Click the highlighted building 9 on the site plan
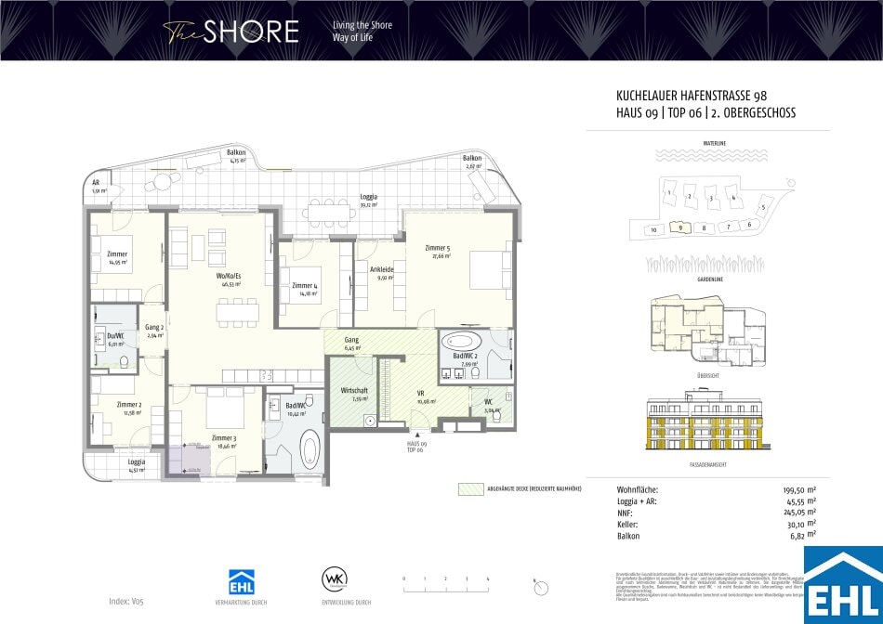[681, 227]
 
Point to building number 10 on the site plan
[653, 229]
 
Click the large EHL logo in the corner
[843, 585]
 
